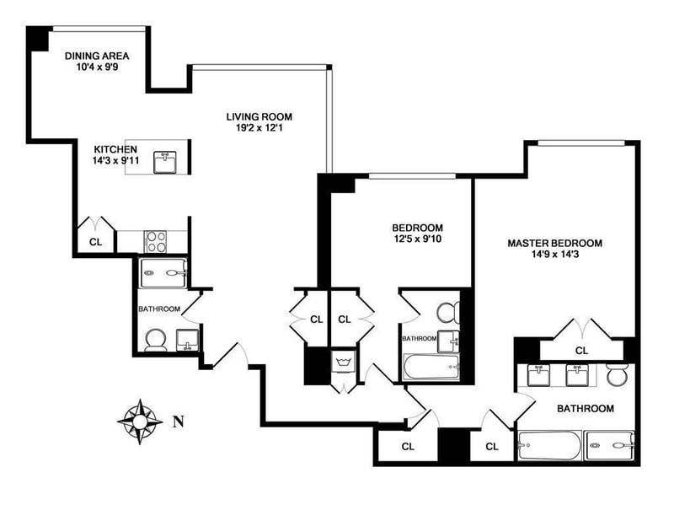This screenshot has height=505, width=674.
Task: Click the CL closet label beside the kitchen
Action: click(95, 242)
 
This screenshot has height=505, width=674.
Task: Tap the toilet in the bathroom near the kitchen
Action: click(156, 338)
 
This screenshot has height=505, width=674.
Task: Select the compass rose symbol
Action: click(140, 420)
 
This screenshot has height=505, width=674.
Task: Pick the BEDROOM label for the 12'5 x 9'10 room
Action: click(417, 228)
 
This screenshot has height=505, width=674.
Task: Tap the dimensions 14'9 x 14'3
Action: click(554, 256)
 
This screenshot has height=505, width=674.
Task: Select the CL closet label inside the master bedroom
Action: click(581, 350)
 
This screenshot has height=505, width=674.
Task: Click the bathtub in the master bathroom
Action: click(548, 443)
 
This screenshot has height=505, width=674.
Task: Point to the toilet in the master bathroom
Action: click(618, 374)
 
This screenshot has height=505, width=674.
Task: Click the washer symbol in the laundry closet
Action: click(344, 363)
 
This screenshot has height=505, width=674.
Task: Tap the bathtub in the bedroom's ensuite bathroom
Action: click(431, 367)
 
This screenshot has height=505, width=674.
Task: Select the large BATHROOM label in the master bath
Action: click(585, 409)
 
